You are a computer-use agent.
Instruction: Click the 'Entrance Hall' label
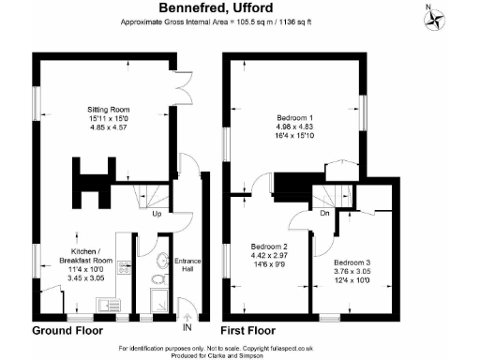click(x=188, y=264)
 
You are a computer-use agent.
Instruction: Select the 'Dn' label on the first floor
click(x=323, y=213)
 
